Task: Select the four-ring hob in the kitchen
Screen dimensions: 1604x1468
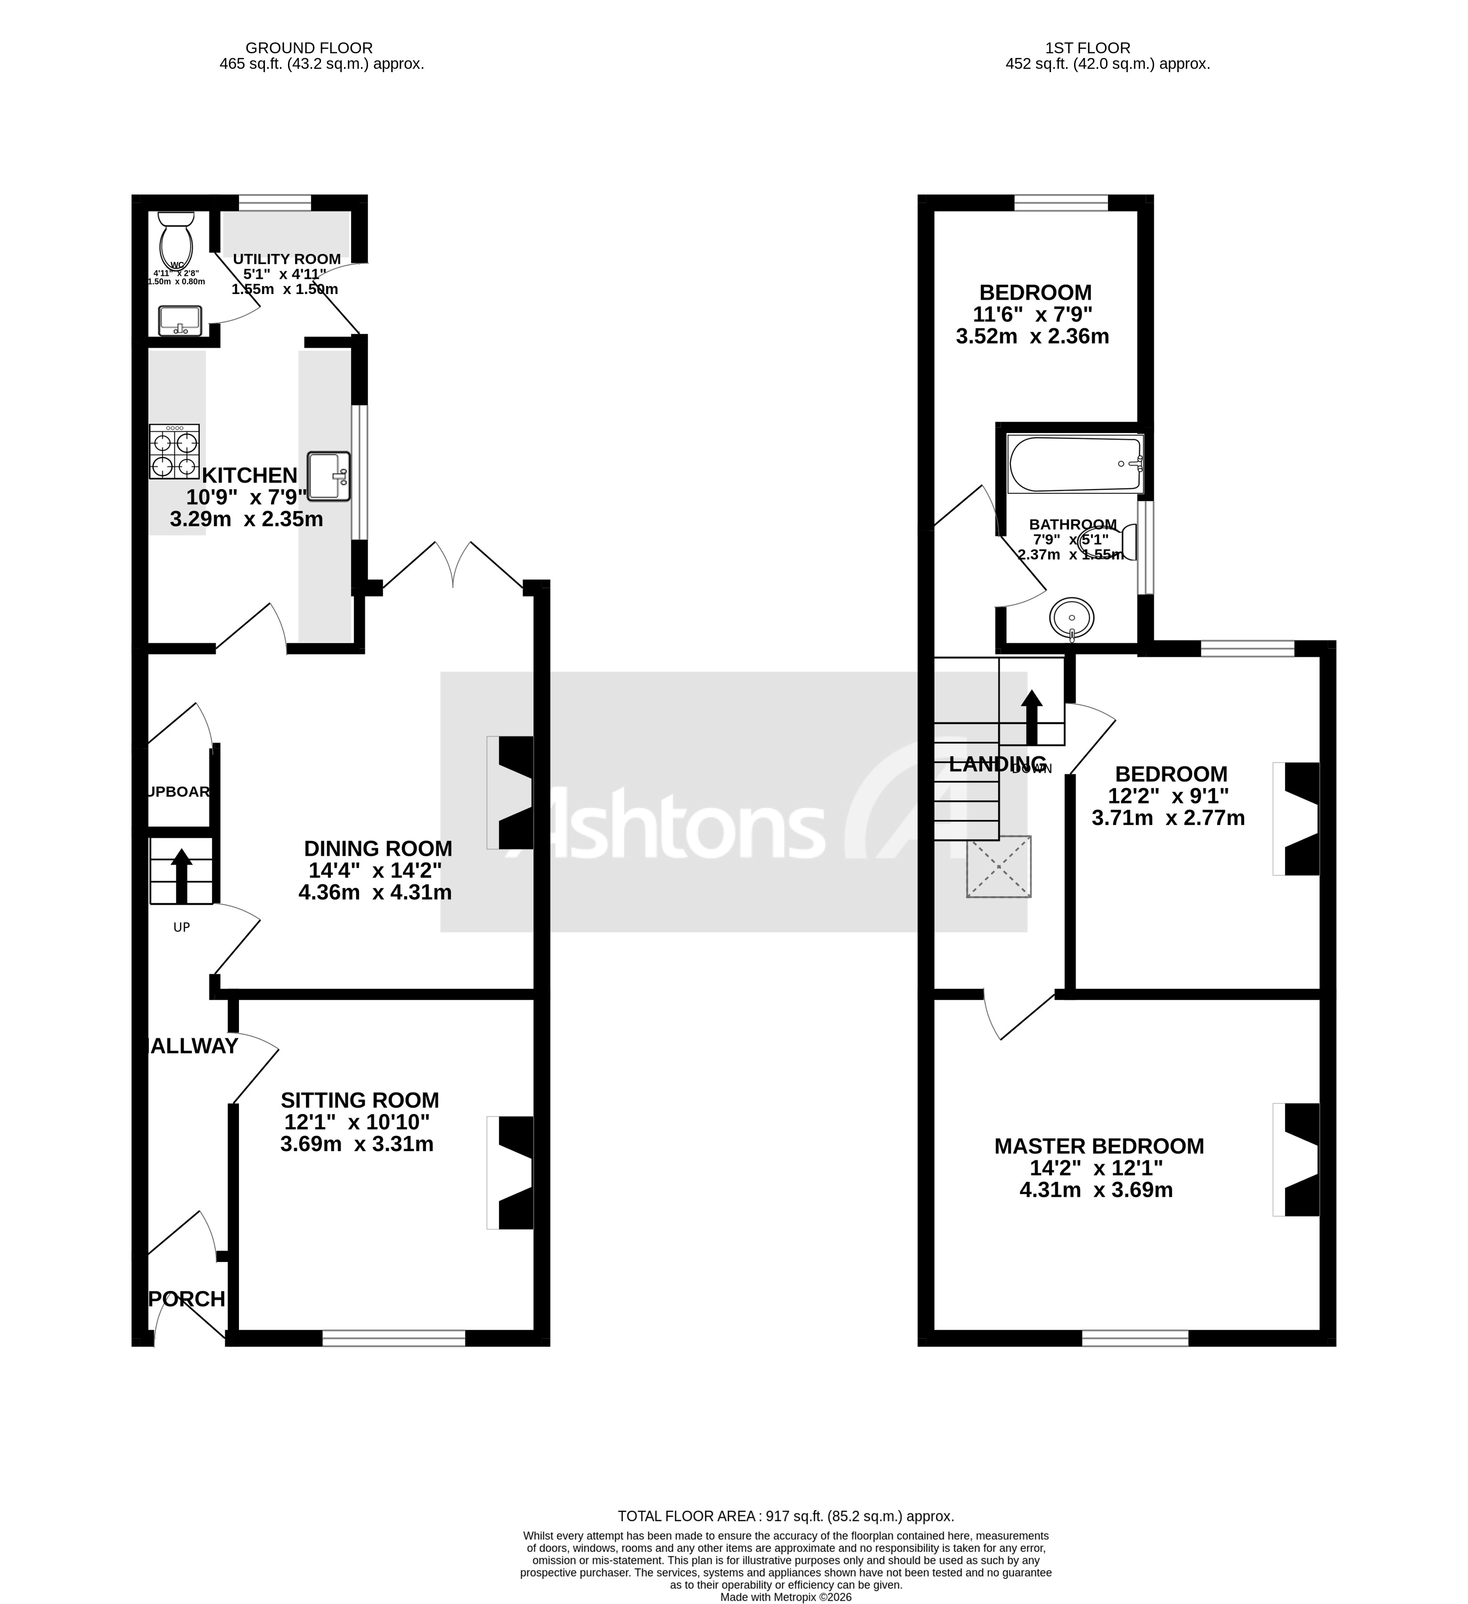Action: [174, 452]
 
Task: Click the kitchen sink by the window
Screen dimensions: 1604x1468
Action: [328, 476]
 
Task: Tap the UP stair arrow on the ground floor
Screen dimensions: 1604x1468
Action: [181, 875]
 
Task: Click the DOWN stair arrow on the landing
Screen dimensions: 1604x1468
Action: [1031, 716]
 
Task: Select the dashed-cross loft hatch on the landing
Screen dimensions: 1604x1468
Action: [999, 867]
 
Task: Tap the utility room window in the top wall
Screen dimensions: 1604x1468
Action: [274, 203]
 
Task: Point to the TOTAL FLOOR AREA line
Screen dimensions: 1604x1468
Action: [785, 1516]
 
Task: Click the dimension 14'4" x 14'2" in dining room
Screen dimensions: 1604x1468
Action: [375, 870]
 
